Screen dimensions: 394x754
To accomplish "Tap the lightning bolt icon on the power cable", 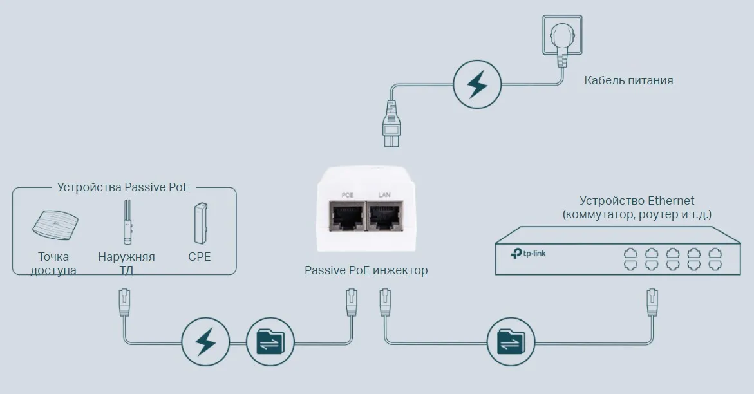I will point(477,84).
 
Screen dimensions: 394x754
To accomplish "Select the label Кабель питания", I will point(628,80).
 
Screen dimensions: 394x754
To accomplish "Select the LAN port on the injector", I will point(385,218).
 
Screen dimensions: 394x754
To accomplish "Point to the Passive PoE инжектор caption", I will point(366,270).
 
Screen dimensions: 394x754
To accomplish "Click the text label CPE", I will point(200,257).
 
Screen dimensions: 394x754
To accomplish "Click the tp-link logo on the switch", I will point(529,253).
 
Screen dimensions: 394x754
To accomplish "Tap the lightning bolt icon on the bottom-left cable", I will point(205,342).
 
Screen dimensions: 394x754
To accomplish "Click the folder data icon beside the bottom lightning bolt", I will point(270,342).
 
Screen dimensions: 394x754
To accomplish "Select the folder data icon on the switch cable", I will point(511,342).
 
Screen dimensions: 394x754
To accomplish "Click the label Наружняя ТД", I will point(126,263).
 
